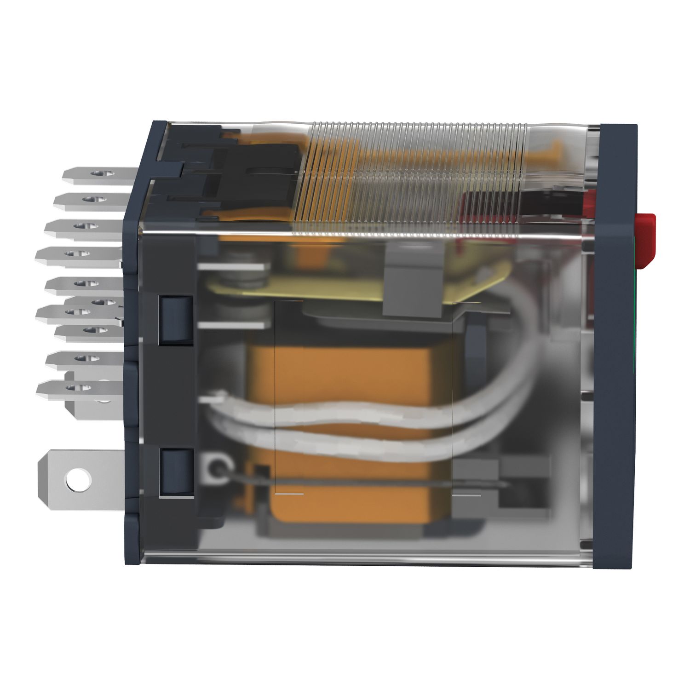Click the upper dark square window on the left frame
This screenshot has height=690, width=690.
point(175,320)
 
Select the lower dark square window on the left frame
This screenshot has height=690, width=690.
point(175,473)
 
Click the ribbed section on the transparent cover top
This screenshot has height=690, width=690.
point(414,175)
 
